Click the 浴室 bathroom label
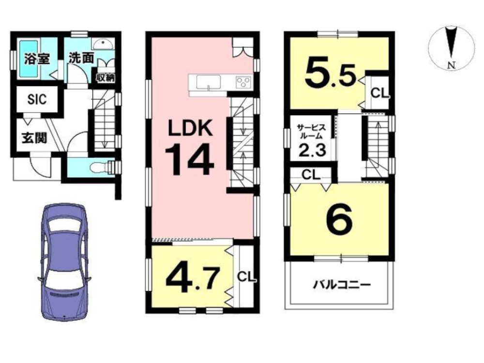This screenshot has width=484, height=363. pos(37,59)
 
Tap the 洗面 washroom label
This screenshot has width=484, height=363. pos(81,58)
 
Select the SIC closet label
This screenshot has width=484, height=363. pos(37,99)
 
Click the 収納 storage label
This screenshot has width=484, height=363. pos(105,77)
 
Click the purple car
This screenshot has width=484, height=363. pos(64,261)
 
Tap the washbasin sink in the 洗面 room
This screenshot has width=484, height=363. pos(102,45)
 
